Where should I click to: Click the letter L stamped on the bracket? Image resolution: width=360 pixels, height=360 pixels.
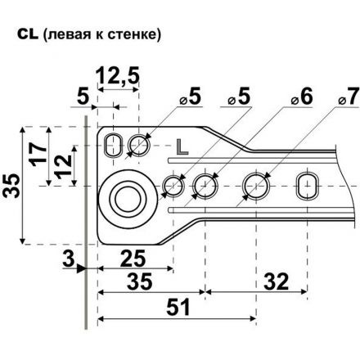pos(182,146)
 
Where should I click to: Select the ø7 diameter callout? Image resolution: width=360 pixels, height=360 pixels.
pos(348,97)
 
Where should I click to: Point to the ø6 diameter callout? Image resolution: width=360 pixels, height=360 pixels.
pos(301,97)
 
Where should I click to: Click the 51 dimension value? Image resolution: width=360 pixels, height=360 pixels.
pos(178,307)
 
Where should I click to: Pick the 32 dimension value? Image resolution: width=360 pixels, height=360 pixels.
pos(276,281)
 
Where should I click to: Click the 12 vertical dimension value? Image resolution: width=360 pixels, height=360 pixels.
pos(63,166)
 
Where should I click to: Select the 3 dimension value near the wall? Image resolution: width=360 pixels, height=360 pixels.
pos(69,259)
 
